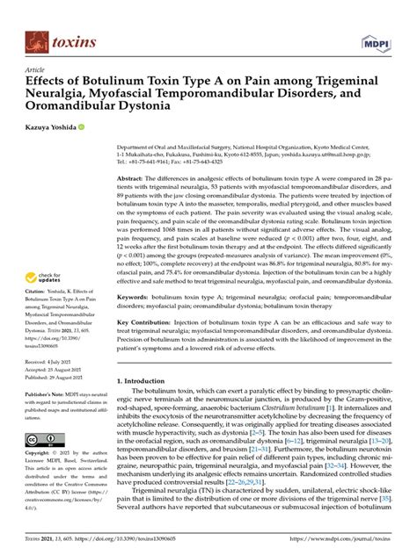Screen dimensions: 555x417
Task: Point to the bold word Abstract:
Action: (134, 177)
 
